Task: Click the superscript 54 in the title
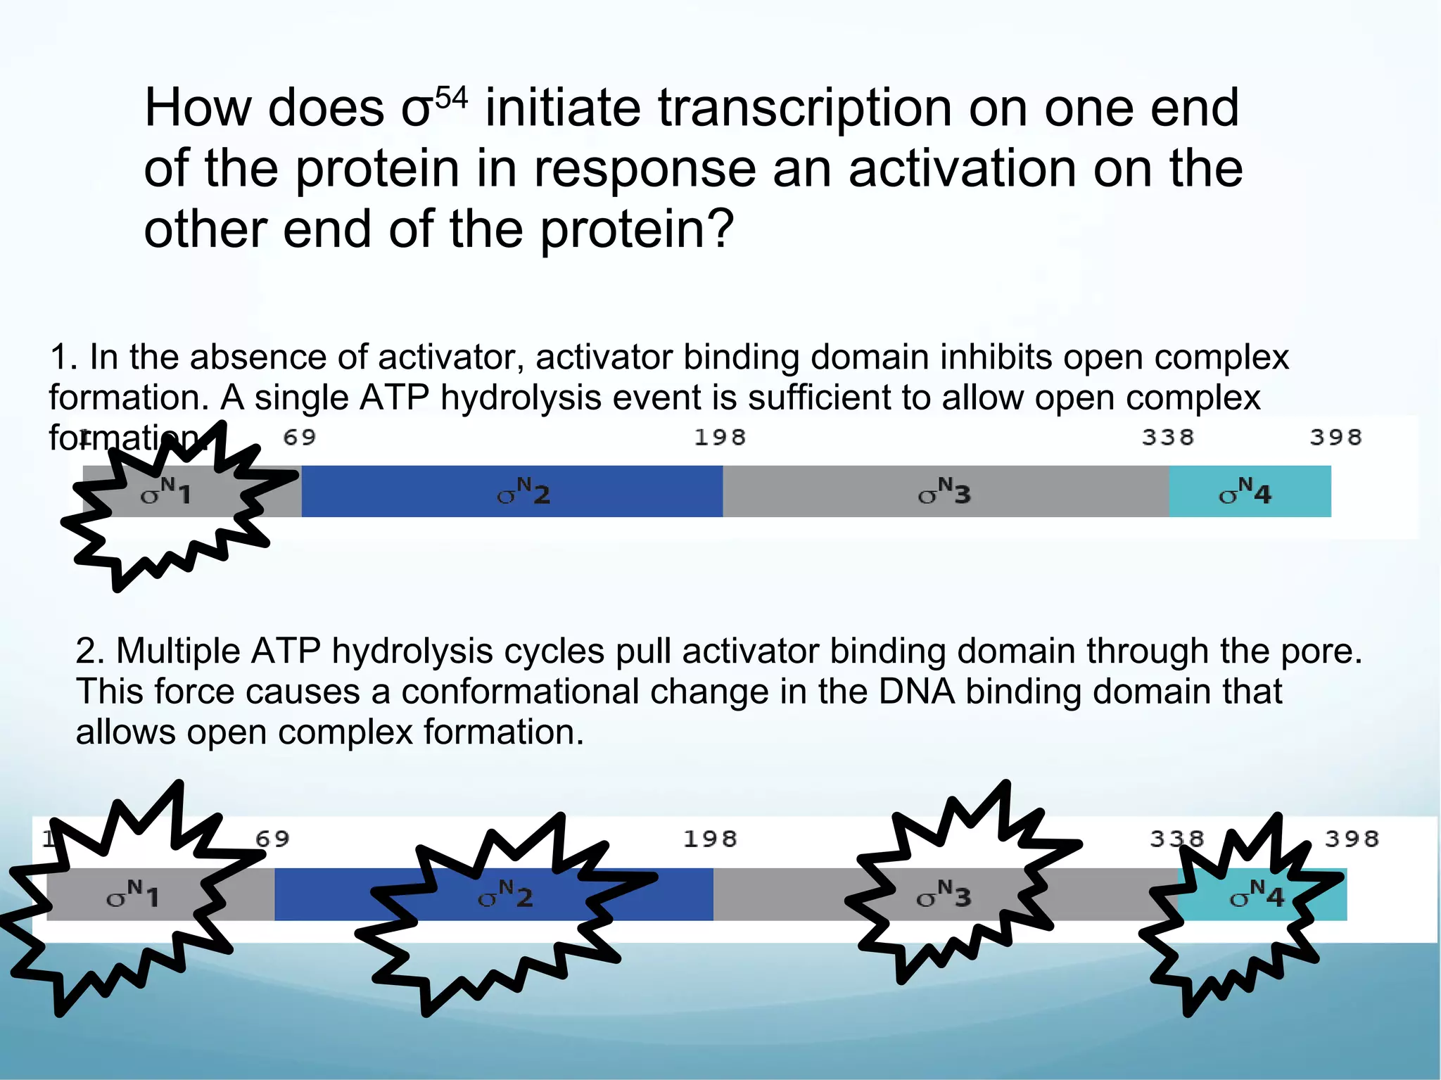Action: click(x=451, y=96)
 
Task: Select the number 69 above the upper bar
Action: click(x=300, y=438)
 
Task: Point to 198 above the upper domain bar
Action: click(x=720, y=438)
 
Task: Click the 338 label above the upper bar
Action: click(x=1168, y=438)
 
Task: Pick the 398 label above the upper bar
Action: click(x=1335, y=438)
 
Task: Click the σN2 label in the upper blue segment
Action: click(x=523, y=492)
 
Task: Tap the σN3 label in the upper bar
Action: click(x=944, y=492)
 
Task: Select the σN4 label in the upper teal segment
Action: click(x=1245, y=492)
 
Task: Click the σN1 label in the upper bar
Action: click(x=166, y=492)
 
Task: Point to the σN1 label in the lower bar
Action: click(x=133, y=894)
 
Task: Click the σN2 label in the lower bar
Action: click(x=505, y=894)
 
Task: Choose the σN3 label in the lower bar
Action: click(x=944, y=894)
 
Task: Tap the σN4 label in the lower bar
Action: click(x=1257, y=894)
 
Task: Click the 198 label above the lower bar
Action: click(x=710, y=839)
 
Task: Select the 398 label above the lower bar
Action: click(x=1352, y=839)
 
